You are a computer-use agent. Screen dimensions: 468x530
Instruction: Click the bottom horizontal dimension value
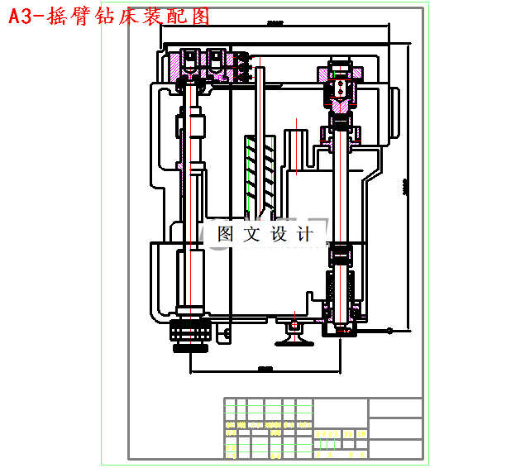click(265, 368)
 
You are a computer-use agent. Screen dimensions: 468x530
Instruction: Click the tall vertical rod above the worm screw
click(260, 99)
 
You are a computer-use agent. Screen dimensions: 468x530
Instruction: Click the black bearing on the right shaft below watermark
click(341, 253)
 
